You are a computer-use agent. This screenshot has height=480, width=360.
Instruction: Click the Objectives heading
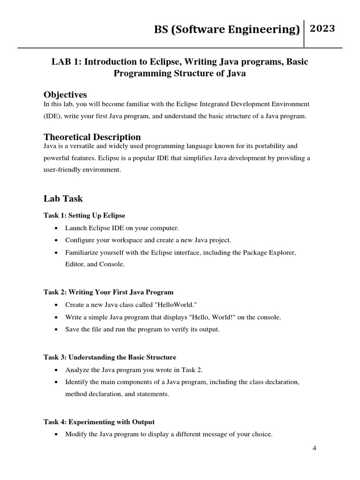(x=65, y=95)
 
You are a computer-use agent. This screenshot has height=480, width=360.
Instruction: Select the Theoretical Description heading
(x=92, y=137)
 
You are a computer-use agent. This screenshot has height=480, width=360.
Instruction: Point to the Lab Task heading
(x=63, y=198)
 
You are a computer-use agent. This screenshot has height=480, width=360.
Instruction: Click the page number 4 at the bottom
(x=315, y=448)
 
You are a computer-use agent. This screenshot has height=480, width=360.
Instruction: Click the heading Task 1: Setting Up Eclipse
(x=84, y=215)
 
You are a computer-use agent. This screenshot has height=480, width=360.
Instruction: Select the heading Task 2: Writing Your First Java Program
(x=109, y=292)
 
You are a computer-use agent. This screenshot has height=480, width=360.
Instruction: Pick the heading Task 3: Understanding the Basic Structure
(x=110, y=357)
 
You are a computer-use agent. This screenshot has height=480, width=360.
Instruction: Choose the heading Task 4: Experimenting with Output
(x=99, y=422)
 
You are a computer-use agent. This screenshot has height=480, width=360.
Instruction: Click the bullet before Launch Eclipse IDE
(x=56, y=228)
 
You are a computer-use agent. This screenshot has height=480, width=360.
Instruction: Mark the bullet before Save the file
(x=56, y=330)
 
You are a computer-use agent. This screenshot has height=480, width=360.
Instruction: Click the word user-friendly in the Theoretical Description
(x=61, y=170)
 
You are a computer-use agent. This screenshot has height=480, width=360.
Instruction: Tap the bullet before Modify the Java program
(x=56, y=435)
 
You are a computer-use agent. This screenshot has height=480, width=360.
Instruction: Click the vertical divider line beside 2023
(x=305, y=34)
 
